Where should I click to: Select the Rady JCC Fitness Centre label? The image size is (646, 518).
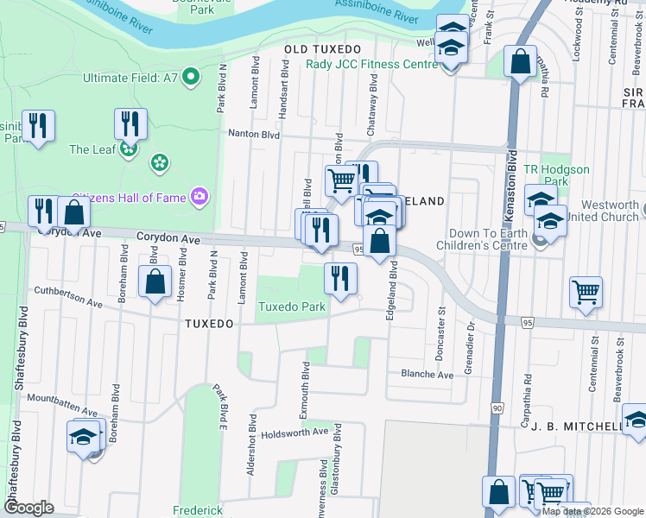[372, 65]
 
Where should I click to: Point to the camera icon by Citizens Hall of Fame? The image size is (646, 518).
[200, 198]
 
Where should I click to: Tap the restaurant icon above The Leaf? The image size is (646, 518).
[130, 123]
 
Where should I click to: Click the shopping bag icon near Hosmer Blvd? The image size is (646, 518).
[155, 282]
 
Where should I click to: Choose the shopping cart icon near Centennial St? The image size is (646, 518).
[586, 293]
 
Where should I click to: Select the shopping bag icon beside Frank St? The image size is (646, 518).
[520, 62]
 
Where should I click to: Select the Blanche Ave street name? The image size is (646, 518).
[426, 376]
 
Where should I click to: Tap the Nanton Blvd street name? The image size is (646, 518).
[253, 134]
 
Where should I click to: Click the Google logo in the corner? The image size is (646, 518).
[28, 508]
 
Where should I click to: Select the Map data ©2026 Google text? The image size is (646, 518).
[592, 511]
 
